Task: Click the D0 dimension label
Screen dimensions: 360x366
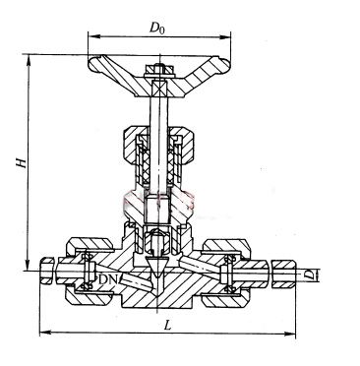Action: (157, 29)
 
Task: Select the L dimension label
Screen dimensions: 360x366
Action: (168, 325)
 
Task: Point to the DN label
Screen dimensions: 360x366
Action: (108, 279)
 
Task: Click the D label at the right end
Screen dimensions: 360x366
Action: (308, 274)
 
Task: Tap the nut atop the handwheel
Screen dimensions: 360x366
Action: (159, 70)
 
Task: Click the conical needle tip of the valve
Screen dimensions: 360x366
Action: (158, 266)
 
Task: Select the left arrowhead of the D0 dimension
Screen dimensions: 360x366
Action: (93, 35)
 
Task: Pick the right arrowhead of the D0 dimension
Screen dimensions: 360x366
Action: (225, 36)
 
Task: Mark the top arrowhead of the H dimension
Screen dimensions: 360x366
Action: (29, 60)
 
